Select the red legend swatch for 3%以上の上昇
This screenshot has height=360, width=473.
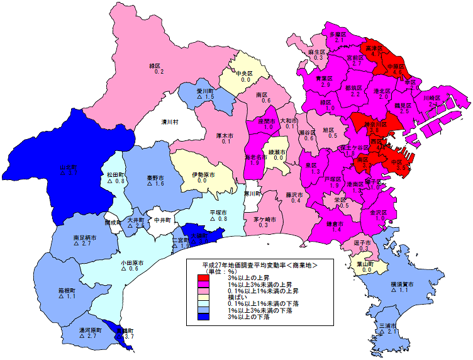click(x=203, y=278)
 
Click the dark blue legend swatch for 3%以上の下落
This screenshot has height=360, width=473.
click(x=203, y=317)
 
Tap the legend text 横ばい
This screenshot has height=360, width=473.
click(x=228, y=298)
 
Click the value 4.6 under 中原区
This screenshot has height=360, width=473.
click(x=397, y=73)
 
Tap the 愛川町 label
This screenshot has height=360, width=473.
click(x=206, y=91)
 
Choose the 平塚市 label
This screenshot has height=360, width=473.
click(x=218, y=212)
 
